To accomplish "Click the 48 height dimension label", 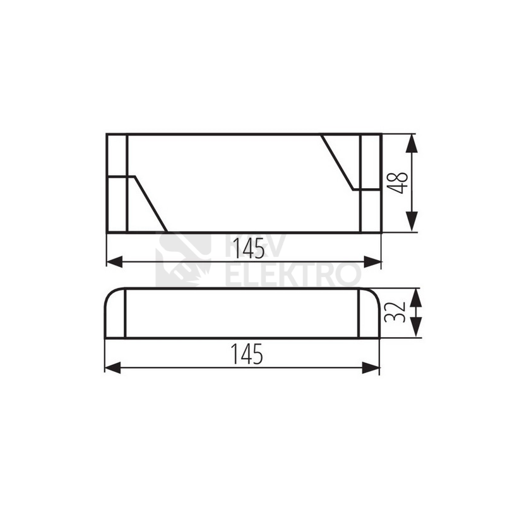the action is click(398, 182).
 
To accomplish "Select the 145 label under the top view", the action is click(249, 249).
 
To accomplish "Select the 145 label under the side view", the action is click(247, 354).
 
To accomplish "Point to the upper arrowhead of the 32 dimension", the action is click(417, 298).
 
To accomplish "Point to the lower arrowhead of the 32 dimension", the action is click(417, 327).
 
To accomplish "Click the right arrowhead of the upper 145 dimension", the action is click(372, 262).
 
